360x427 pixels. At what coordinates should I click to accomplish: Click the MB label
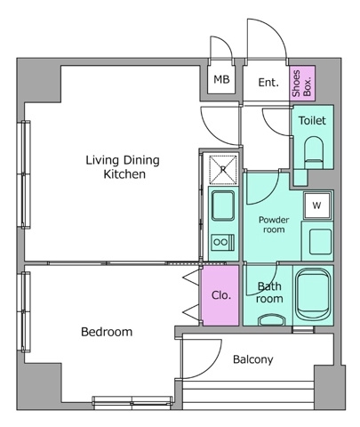[x=221, y=79]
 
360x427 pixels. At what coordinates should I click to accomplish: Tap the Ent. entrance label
[x=268, y=82]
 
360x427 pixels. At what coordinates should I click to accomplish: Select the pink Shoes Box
[x=302, y=84]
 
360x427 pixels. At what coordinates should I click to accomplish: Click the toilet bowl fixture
[x=314, y=152]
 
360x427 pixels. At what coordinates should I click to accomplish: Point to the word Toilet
[x=312, y=120]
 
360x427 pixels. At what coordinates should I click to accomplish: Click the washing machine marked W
[x=316, y=205]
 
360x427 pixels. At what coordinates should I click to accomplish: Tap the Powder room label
[x=274, y=224]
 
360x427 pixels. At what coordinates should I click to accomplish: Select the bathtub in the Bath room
[x=313, y=294]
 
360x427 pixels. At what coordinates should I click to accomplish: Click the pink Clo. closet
[x=220, y=295]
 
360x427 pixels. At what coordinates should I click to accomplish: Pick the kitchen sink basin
[x=223, y=205]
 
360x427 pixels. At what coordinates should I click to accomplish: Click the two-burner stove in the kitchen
[x=223, y=242]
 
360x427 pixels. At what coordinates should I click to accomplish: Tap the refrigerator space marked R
[x=223, y=169]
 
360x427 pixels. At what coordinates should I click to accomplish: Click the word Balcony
[x=253, y=359]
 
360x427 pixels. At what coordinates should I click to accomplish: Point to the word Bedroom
[x=107, y=332]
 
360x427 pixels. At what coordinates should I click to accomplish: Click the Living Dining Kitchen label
[x=123, y=167]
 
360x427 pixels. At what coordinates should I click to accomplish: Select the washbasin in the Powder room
[x=320, y=242]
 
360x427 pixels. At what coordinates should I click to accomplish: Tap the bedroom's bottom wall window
[x=132, y=400]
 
